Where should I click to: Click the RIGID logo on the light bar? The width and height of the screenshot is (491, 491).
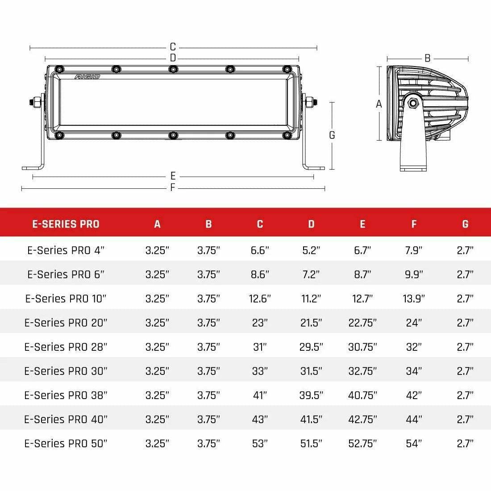(87, 77)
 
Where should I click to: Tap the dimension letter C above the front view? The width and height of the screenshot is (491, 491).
(173, 47)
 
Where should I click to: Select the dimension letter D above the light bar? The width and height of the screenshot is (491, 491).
(173, 58)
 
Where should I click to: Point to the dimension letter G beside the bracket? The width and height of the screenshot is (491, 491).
(332, 135)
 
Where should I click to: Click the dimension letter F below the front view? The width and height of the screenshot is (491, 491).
(173, 188)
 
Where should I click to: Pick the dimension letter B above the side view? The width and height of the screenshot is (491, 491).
(427, 58)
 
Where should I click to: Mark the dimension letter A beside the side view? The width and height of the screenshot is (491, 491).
(379, 104)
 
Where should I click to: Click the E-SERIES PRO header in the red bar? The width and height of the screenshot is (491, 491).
(66, 224)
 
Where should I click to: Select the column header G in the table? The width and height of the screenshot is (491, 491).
(465, 224)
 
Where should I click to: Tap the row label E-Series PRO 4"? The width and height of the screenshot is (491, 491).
(66, 250)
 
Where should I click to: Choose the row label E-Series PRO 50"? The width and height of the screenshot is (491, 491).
(66, 443)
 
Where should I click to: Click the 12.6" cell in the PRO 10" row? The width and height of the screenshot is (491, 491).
(260, 299)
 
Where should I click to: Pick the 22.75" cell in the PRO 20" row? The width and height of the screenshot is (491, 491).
(362, 323)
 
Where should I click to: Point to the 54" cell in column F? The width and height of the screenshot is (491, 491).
(414, 443)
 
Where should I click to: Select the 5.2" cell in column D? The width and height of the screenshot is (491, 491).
(311, 250)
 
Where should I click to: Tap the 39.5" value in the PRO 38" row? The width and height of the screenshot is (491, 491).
(311, 395)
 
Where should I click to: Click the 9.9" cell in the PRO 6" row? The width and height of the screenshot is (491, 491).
(414, 275)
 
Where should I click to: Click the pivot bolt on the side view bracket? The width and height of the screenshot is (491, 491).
(413, 104)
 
